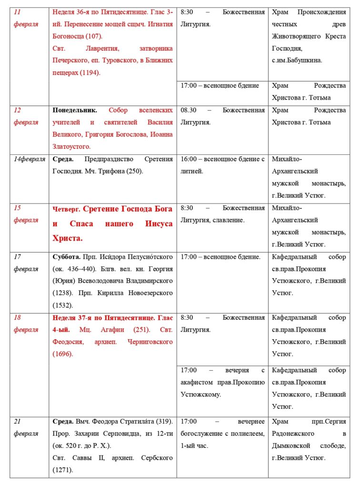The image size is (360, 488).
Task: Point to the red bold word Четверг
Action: coord(66,209)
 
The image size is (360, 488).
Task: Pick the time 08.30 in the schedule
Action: coord(190,110)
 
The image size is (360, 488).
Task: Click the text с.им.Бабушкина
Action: coord(297,61)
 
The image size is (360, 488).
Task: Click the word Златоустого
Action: coord(71,147)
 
